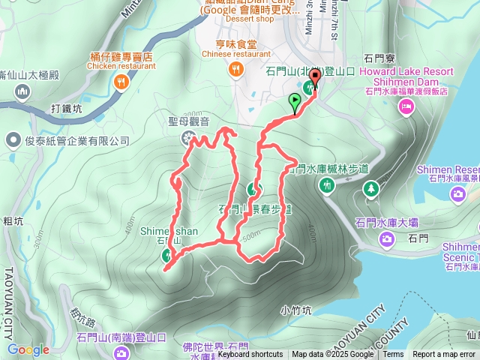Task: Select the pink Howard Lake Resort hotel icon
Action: [406, 107]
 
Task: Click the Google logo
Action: [28, 349]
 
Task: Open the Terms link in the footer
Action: [393, 355]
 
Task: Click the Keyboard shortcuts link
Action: [250, 355]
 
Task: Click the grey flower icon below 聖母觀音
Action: [187, 136]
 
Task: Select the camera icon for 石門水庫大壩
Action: [387, 239]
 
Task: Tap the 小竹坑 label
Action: [295, 308]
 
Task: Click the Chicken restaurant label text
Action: [120, 66]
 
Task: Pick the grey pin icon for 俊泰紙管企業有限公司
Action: [13, 140]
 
